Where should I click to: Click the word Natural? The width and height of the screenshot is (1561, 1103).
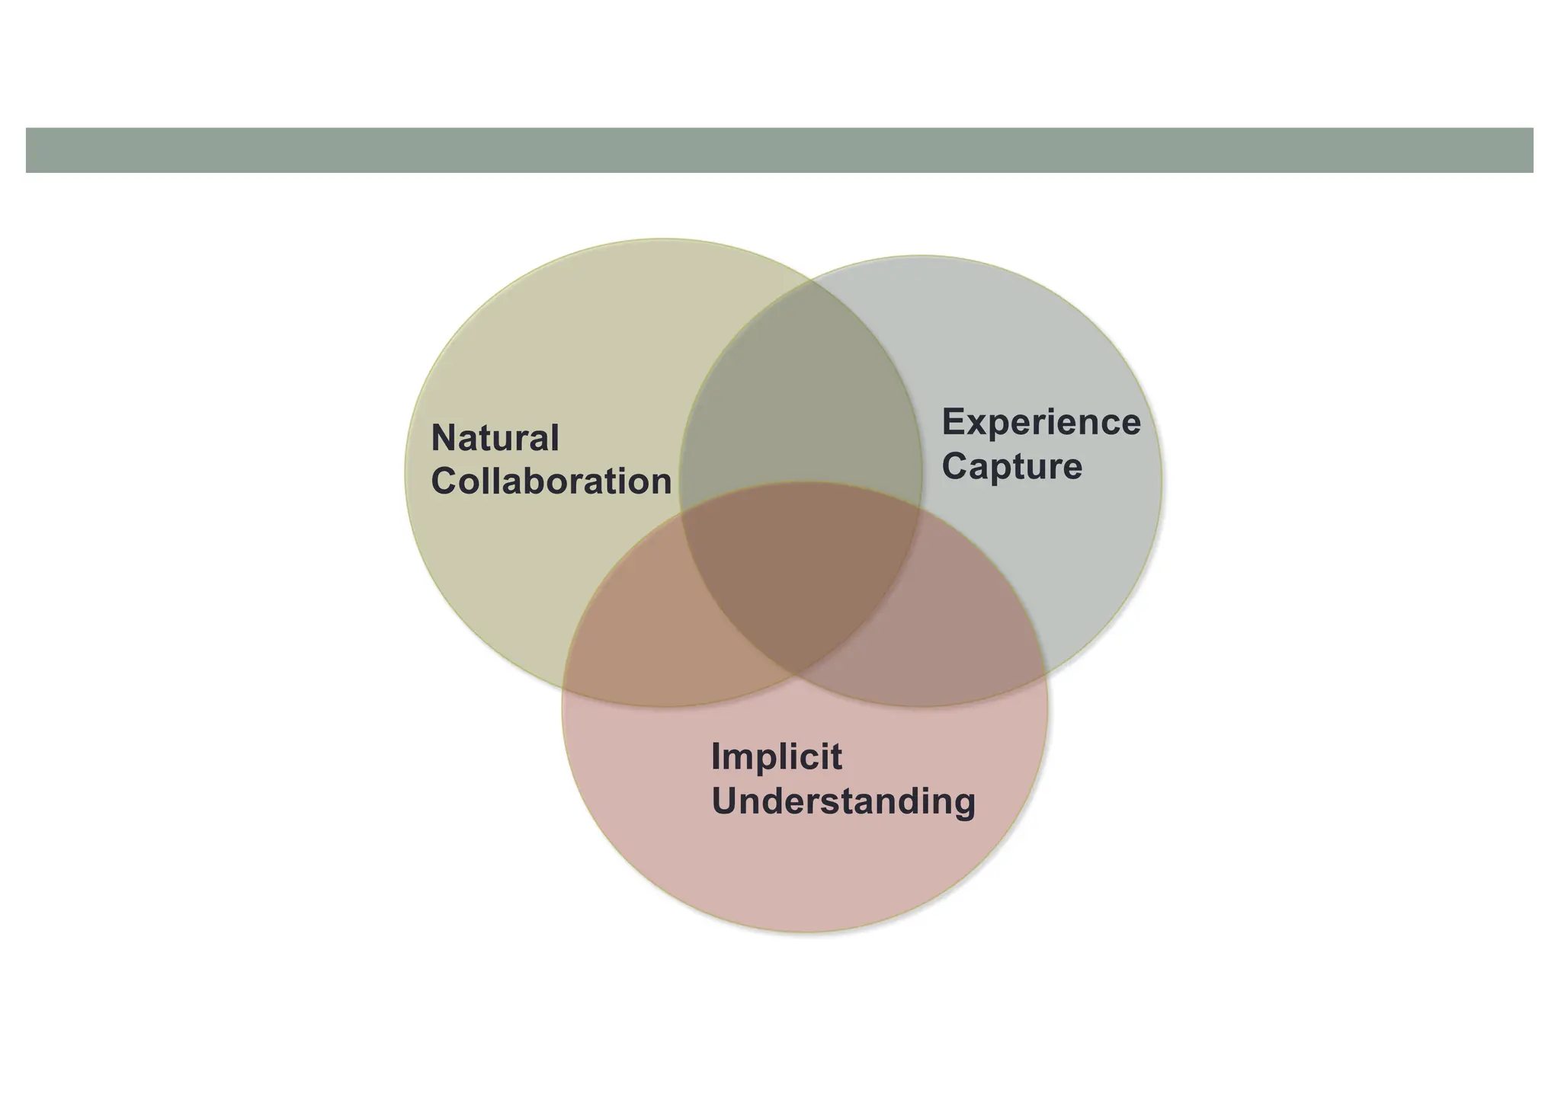495,438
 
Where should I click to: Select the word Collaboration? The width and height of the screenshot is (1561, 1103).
551,481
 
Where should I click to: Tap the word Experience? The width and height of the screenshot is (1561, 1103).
1041,422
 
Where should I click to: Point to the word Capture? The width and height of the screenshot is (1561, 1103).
1011,466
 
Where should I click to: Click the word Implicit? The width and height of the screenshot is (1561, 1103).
776,756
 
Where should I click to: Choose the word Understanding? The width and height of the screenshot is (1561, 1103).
843,801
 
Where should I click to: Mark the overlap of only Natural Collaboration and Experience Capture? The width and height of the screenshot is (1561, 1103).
800,404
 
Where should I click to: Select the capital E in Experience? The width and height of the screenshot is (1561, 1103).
954,422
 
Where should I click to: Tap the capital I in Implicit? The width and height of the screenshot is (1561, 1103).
716,756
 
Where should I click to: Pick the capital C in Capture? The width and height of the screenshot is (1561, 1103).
956,466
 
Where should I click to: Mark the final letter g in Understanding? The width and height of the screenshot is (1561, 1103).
963,804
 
